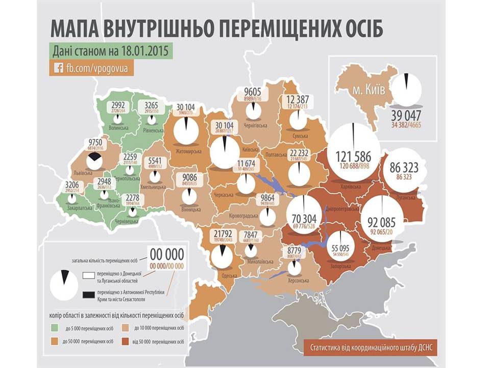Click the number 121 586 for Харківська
[x=353, y=157]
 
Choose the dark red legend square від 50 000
[x=124, y=339]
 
